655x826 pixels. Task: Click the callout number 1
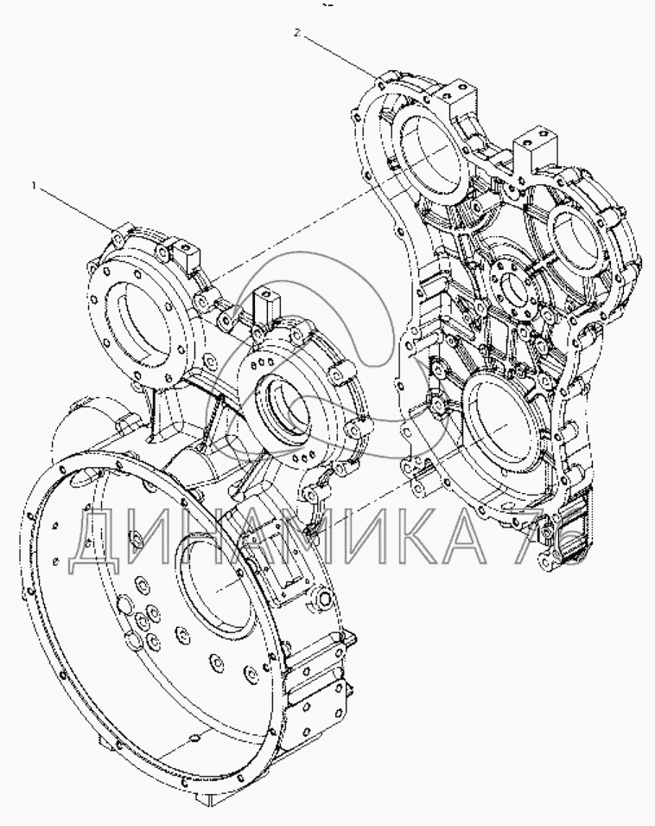click(34, 185)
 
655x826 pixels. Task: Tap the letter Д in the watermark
click(98, 544)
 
